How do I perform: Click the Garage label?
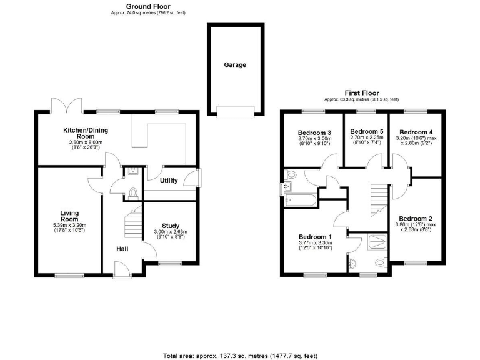[x=235, y=64]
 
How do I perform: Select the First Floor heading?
[x=361, y=93]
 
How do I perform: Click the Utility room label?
[x=169, y=181]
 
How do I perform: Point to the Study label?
[x=170, y=226]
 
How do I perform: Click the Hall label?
[x=123, y=249]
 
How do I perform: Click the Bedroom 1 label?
[x=315, y=237]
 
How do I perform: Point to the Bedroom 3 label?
[x=314, y=132]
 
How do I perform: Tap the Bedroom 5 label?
[x=366, y=131]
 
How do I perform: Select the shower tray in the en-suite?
[x=377, y=241]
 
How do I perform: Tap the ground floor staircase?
[x=133, y=222]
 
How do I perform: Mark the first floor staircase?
[x=378, y=199]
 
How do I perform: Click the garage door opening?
[x=235, y=112]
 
